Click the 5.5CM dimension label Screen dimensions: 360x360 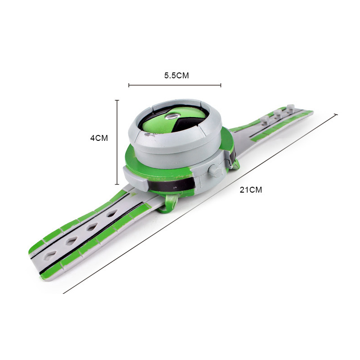tap(176, 76)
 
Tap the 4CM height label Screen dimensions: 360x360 tap(99, 138)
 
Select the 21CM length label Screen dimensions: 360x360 tap(251, 190)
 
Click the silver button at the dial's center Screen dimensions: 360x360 tap(172, 117)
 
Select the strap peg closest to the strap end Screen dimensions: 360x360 tap(291, 108)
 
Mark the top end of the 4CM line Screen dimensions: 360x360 tap(117, 100)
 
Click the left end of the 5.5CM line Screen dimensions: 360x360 tap(129, 85)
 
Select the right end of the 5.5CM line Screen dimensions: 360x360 tap(221, 85)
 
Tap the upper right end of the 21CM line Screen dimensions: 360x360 tap(337, 115)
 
